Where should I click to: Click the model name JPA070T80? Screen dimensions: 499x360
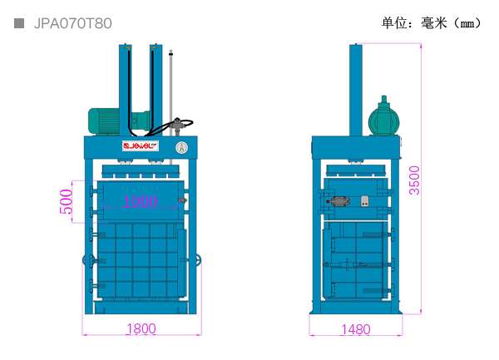tap(73, 23)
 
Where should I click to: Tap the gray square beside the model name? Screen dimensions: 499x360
tap(19, 23)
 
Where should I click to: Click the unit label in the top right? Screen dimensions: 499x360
tap(431, 23)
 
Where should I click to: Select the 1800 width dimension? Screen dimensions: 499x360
tap(141, 328)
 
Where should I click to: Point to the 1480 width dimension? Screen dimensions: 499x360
tap(356, 329)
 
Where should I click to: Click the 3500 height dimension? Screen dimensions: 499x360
tap(415, 180)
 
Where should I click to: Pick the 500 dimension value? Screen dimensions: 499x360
tap(67, 201)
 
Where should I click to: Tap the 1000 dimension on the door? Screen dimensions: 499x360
tap(141, 201)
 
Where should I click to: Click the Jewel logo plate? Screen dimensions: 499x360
tap(141, 146)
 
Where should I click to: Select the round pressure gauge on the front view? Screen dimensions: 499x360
tap(181, 147)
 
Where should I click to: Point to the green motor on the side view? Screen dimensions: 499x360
tap(383, 117)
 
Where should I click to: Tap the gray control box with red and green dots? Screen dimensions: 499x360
tap(365, 201)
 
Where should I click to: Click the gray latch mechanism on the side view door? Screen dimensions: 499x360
tap(339, 201)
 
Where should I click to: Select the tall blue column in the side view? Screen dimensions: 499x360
tap(356, 90)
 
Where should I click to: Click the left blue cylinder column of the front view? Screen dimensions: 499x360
tap(126, 90)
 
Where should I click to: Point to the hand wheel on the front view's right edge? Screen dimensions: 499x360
tap(199, 260)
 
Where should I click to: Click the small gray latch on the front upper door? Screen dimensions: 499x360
tap(182, 200)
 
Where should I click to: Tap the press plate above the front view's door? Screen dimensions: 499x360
tap(141, 171)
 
